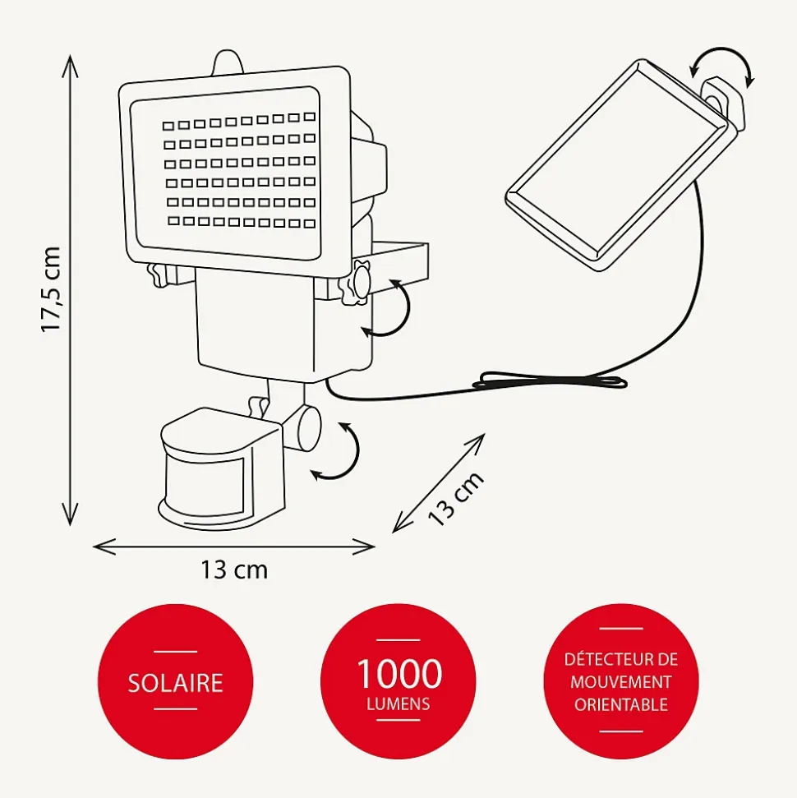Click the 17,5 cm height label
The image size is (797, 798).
coord(52,289)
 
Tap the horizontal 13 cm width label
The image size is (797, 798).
coord(234,570)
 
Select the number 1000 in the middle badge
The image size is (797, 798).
coord(398,674)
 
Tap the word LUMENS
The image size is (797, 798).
coord(398,703)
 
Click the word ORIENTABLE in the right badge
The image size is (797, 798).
coord(621,704)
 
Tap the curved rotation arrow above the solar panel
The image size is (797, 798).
coord(722,65)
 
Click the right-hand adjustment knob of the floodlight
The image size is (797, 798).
coord(359,282)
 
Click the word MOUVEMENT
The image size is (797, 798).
coord(621,682)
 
